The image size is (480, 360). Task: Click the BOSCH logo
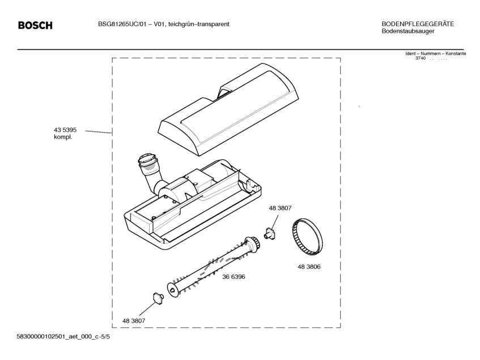point(35,26)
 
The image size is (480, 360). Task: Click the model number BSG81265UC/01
point(118,24)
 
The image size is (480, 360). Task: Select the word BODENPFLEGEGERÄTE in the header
point(418,24)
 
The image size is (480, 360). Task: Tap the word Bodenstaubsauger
point(408,31)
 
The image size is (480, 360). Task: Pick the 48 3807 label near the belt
point(280,208)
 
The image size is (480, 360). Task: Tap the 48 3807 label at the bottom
point(134,321)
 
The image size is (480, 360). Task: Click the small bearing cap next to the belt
point(270,232)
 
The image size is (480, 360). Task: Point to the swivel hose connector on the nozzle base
point(150,167)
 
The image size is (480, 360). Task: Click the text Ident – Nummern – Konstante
point(435,53)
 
